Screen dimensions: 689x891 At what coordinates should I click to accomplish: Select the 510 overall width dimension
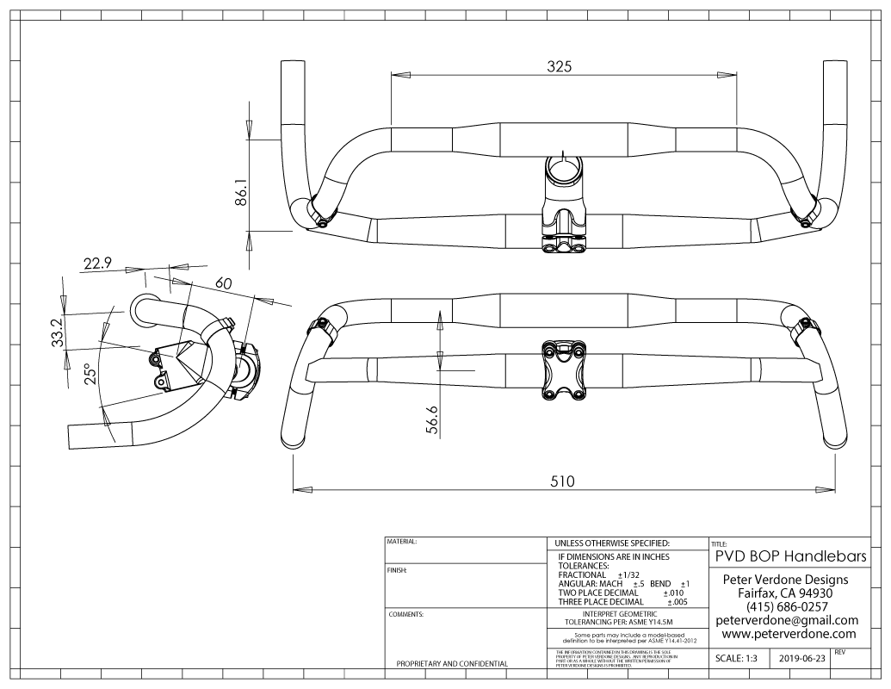[x=564, y=480]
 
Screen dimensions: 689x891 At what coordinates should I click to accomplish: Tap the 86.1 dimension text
[x=242, y=192]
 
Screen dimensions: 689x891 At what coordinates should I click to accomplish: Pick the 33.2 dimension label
[x=57, y=332]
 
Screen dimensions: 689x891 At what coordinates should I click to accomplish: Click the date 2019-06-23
[x=802, y=658]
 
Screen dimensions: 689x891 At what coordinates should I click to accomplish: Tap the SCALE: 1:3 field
[x=742, y=658]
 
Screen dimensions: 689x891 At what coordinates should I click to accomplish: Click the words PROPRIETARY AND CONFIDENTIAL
[x=450, y=664]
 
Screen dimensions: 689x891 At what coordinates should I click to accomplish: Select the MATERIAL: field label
[x=403, y=543]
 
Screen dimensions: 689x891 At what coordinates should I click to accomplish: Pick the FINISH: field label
[x=399, y=570]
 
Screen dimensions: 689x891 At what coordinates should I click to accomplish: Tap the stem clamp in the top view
[x=563, y=169]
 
